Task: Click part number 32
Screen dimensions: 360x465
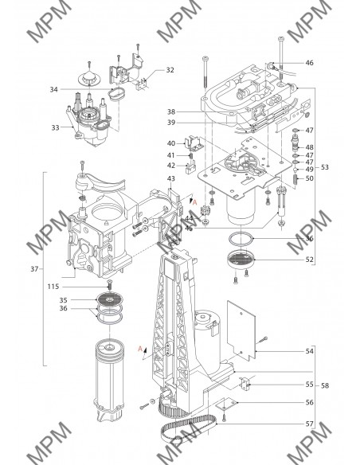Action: tap(170, 70)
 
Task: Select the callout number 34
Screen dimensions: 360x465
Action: tap(53, 89)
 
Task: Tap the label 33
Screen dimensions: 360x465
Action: tap(56, 127)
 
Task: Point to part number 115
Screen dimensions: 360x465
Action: tap(53, 287)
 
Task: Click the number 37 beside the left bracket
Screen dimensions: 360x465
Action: tap(34, 268)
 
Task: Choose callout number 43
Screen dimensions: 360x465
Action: tap(171, 178)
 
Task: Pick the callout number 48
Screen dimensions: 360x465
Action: tap(309, 147)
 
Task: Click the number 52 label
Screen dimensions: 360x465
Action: tap(309, 260)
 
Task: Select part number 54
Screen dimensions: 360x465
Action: tap(309, 351)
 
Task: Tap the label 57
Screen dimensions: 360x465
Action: tap(309, 424)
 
